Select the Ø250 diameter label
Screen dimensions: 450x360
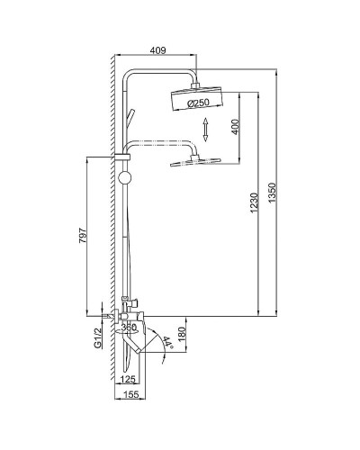tap(198, 103)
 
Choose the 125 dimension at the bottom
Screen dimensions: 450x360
tap(128, 381)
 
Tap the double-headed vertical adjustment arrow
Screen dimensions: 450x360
tap(205, 130)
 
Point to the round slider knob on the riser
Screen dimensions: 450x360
tap(124, 175)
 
